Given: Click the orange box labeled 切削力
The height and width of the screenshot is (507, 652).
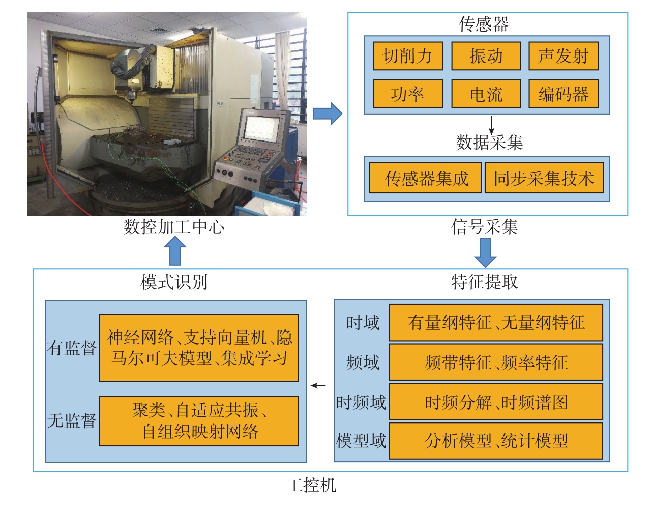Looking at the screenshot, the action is pos(407,56).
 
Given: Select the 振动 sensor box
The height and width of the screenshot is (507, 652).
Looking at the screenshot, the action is pos(486,56).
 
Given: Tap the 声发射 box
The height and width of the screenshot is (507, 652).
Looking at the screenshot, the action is pos(563,56).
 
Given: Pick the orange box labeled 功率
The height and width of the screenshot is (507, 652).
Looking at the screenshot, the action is pos(407,94).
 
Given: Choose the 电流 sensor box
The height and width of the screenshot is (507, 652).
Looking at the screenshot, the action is pos(486,94).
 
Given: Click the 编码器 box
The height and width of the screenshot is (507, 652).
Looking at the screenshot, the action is pos(563,94).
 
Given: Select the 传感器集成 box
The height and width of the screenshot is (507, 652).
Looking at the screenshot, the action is pos(425,178).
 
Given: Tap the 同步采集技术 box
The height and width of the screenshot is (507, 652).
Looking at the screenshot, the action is pos(544,178).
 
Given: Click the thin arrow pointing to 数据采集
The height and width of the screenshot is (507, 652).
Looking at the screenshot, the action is pos(491,125).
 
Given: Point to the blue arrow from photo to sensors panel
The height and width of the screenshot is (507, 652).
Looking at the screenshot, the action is pos(328,114).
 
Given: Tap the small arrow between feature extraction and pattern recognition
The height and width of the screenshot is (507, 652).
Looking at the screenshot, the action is pos(318,386).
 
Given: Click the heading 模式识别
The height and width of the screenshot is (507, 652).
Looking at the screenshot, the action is pos(174,282).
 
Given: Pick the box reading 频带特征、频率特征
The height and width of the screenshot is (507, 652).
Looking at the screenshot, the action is pos(496,362).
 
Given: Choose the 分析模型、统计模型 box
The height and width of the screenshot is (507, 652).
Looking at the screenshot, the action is pos(496,441).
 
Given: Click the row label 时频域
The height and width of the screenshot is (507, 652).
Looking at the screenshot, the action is pos(361,402).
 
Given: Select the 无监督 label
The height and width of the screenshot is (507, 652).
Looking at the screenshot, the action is pos(72,420).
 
